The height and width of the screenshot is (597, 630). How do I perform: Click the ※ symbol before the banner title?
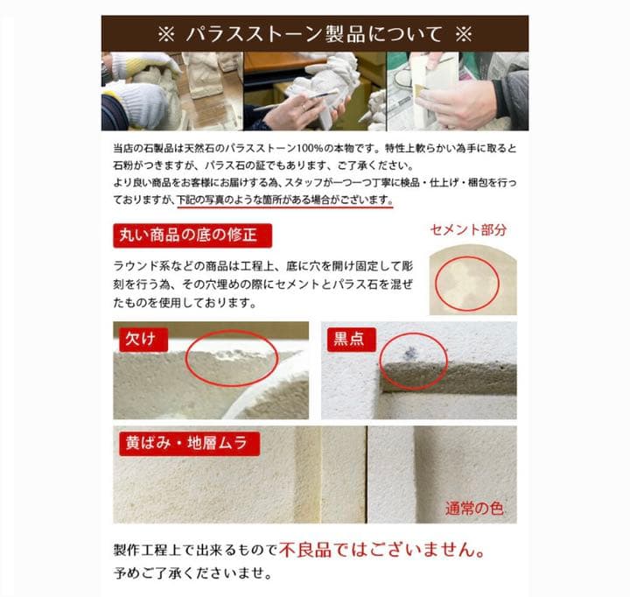coord(166,34)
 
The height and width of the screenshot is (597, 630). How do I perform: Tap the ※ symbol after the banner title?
coord(463,34)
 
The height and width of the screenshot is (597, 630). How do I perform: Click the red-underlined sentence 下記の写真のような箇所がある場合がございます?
coord(284,200)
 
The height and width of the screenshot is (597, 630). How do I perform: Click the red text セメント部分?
coord(468,230)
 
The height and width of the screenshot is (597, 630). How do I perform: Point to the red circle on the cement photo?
coord(467,282)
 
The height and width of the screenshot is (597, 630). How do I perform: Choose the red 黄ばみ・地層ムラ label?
coord(188,443)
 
